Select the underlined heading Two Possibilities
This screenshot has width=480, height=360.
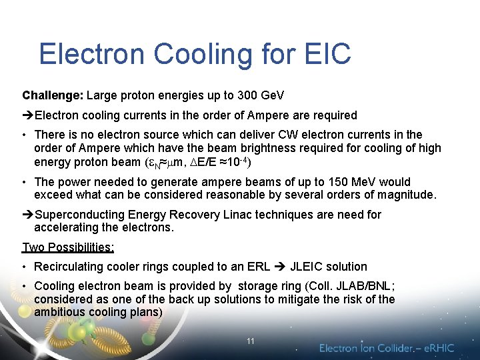click(x=68, y=247)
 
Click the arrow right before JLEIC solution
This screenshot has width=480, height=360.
click(x=280, y=267)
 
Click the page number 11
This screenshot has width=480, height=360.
click(x=250, y=341)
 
